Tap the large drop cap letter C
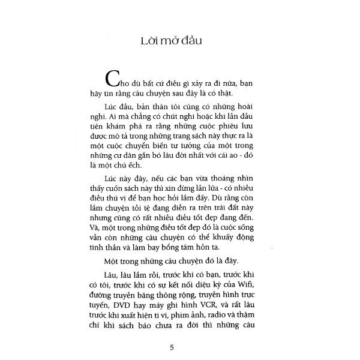(112, 80)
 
